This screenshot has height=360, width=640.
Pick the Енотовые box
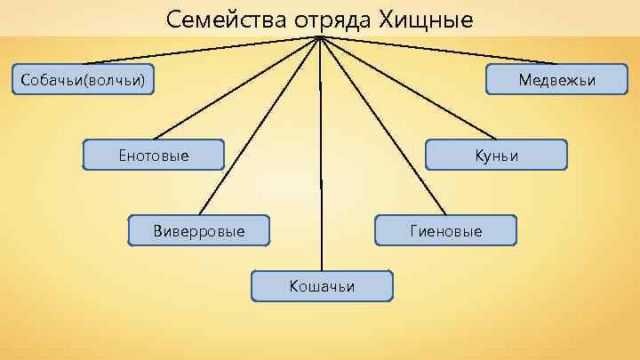[x=153, y=156]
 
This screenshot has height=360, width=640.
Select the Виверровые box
[x=198, y=231]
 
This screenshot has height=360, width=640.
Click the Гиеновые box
[x=445, y=231]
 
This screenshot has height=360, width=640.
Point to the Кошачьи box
[x=321, y=285]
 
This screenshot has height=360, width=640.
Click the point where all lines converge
[x=320, y=37]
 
